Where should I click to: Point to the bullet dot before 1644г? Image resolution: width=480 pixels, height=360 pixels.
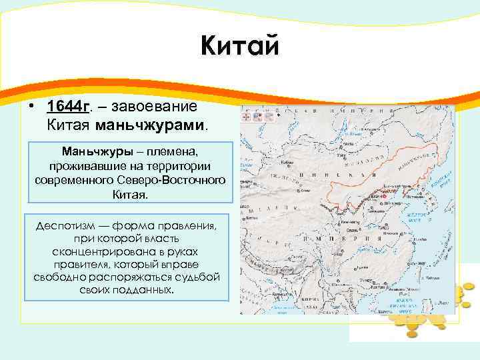pos(31,107)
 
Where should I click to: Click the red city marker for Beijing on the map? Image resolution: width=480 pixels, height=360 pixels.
pos(385,197)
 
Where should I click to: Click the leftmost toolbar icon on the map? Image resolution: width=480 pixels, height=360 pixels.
pos(246,115)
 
